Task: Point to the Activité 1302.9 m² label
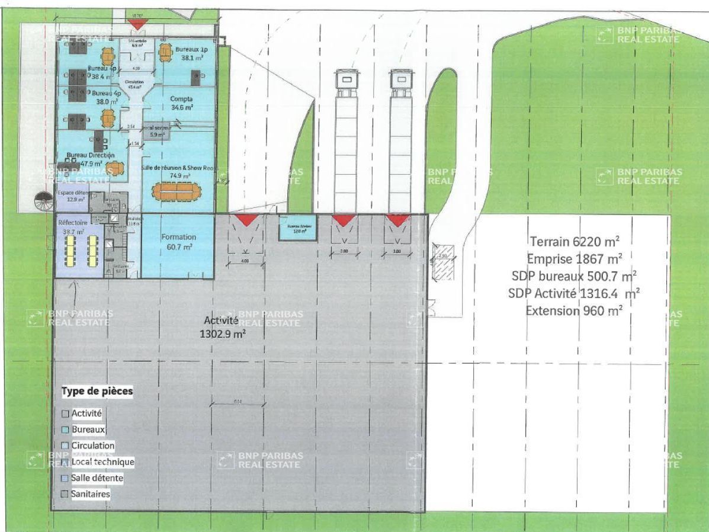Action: pos(223,326)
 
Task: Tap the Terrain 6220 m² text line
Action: pos(575,241)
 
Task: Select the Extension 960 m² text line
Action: pos(574,310)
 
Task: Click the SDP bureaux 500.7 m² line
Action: pos(574,275)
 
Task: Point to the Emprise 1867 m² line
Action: pos(574,258)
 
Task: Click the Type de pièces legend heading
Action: pos(97,392)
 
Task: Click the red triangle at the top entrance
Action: pos(137,24)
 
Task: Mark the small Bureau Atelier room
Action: pos(297,227)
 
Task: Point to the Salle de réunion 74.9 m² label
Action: pos(177,172)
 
